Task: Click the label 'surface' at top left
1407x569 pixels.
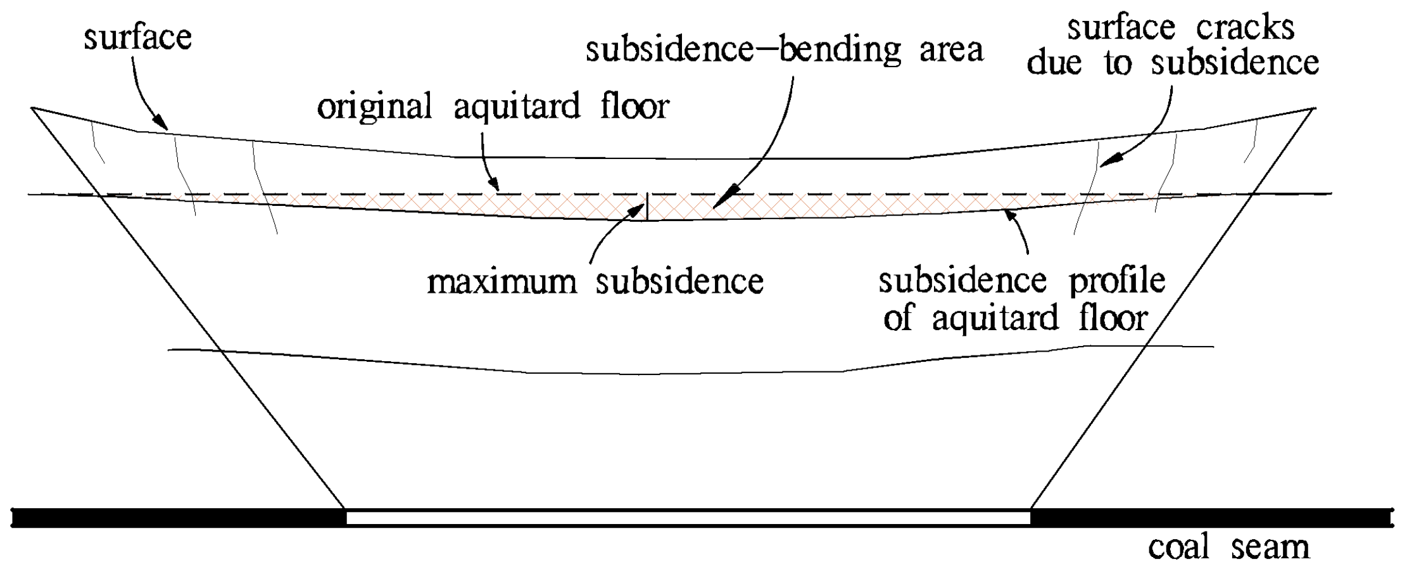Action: pos(137,38)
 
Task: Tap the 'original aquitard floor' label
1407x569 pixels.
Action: pos(493,106)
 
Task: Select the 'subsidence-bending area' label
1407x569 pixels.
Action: pos(784,50)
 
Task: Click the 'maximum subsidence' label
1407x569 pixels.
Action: pos(595,282)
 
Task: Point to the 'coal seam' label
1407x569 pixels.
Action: pos(1228,547)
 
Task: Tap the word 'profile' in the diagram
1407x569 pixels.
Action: pos(1117,281)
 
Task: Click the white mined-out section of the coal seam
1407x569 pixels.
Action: pos(688,518)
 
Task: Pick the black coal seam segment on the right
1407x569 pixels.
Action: pos(1209,518)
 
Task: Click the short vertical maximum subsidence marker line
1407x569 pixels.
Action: pos(647,207)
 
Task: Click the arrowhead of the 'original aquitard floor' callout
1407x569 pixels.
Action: pos(493,184)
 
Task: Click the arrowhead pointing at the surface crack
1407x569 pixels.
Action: pos(1109,161)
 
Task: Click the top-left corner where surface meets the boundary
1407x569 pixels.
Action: pos(32,109)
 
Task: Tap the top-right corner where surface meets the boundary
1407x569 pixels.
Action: pos(1315,109)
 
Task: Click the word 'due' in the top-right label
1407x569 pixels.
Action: pos(1054,63)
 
